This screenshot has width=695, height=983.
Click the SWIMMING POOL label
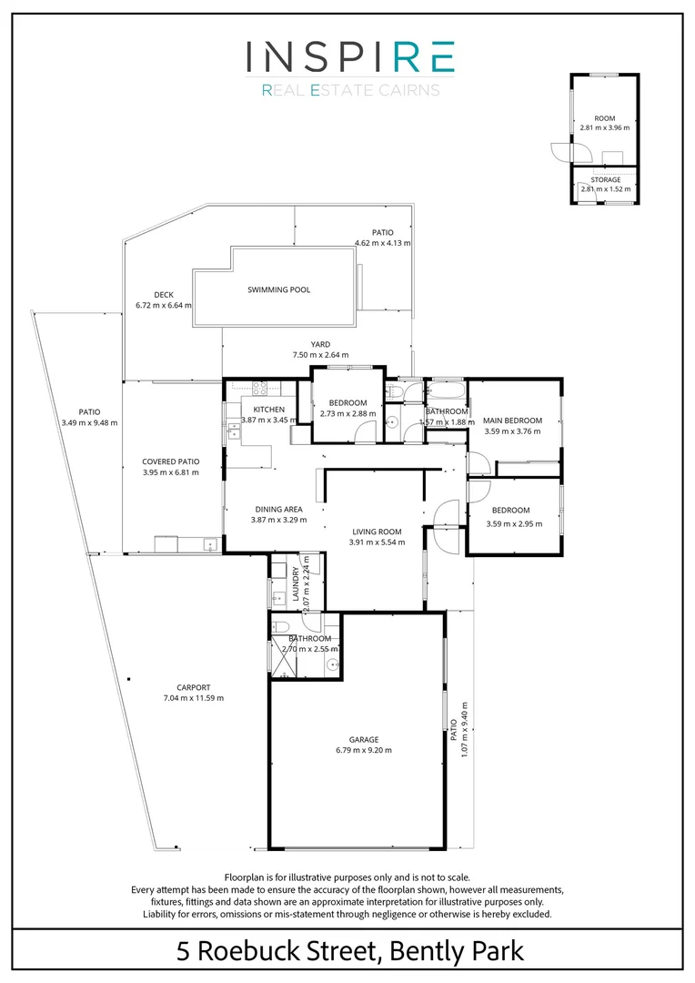[278, 290]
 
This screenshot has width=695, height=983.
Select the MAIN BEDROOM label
[512, 421]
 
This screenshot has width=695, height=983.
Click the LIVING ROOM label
[376, 532]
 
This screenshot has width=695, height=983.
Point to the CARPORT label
[192, 687]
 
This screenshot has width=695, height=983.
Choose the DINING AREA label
[277, 509]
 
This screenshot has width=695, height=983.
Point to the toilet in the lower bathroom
[281, 626]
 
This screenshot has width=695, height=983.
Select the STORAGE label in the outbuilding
[605, 180]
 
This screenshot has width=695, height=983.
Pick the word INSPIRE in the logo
[349, 56]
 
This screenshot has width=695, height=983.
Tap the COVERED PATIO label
[170, 461]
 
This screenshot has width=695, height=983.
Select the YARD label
[319, 344]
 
